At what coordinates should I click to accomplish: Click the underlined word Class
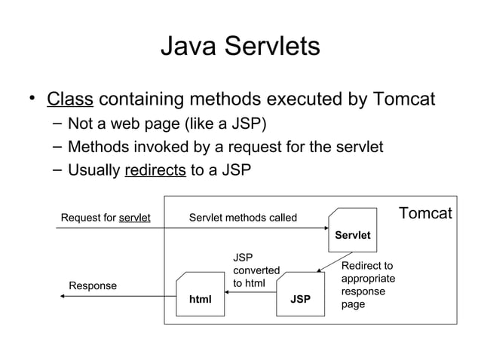[69, 99]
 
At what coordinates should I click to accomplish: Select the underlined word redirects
[155, 169]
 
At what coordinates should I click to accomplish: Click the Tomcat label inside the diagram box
[425, 214]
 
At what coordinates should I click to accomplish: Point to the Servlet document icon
[352, 229]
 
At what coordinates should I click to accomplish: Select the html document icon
[200, 294]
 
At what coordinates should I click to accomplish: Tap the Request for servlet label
[106, 218]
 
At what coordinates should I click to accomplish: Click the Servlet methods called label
[243, 218]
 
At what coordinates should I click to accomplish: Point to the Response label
[93, 286]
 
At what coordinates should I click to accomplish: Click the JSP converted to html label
[256, 270]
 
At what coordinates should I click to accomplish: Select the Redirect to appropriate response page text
[368, 285]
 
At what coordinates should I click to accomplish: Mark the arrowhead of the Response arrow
[63, 296]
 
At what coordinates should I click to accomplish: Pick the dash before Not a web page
[55, 124]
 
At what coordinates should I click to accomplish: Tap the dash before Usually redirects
[55, 170]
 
